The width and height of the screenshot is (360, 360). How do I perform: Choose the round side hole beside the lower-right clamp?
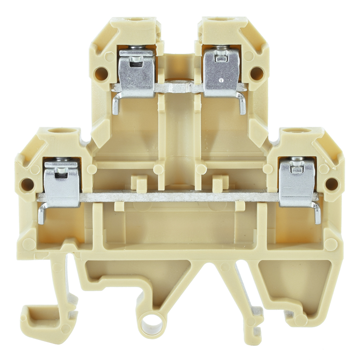coord(332,184)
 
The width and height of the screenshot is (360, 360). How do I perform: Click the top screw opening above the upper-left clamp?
coord(134,21)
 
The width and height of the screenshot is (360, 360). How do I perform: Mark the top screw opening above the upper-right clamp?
coord(224,21)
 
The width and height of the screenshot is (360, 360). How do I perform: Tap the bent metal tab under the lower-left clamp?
coord(41,214)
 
